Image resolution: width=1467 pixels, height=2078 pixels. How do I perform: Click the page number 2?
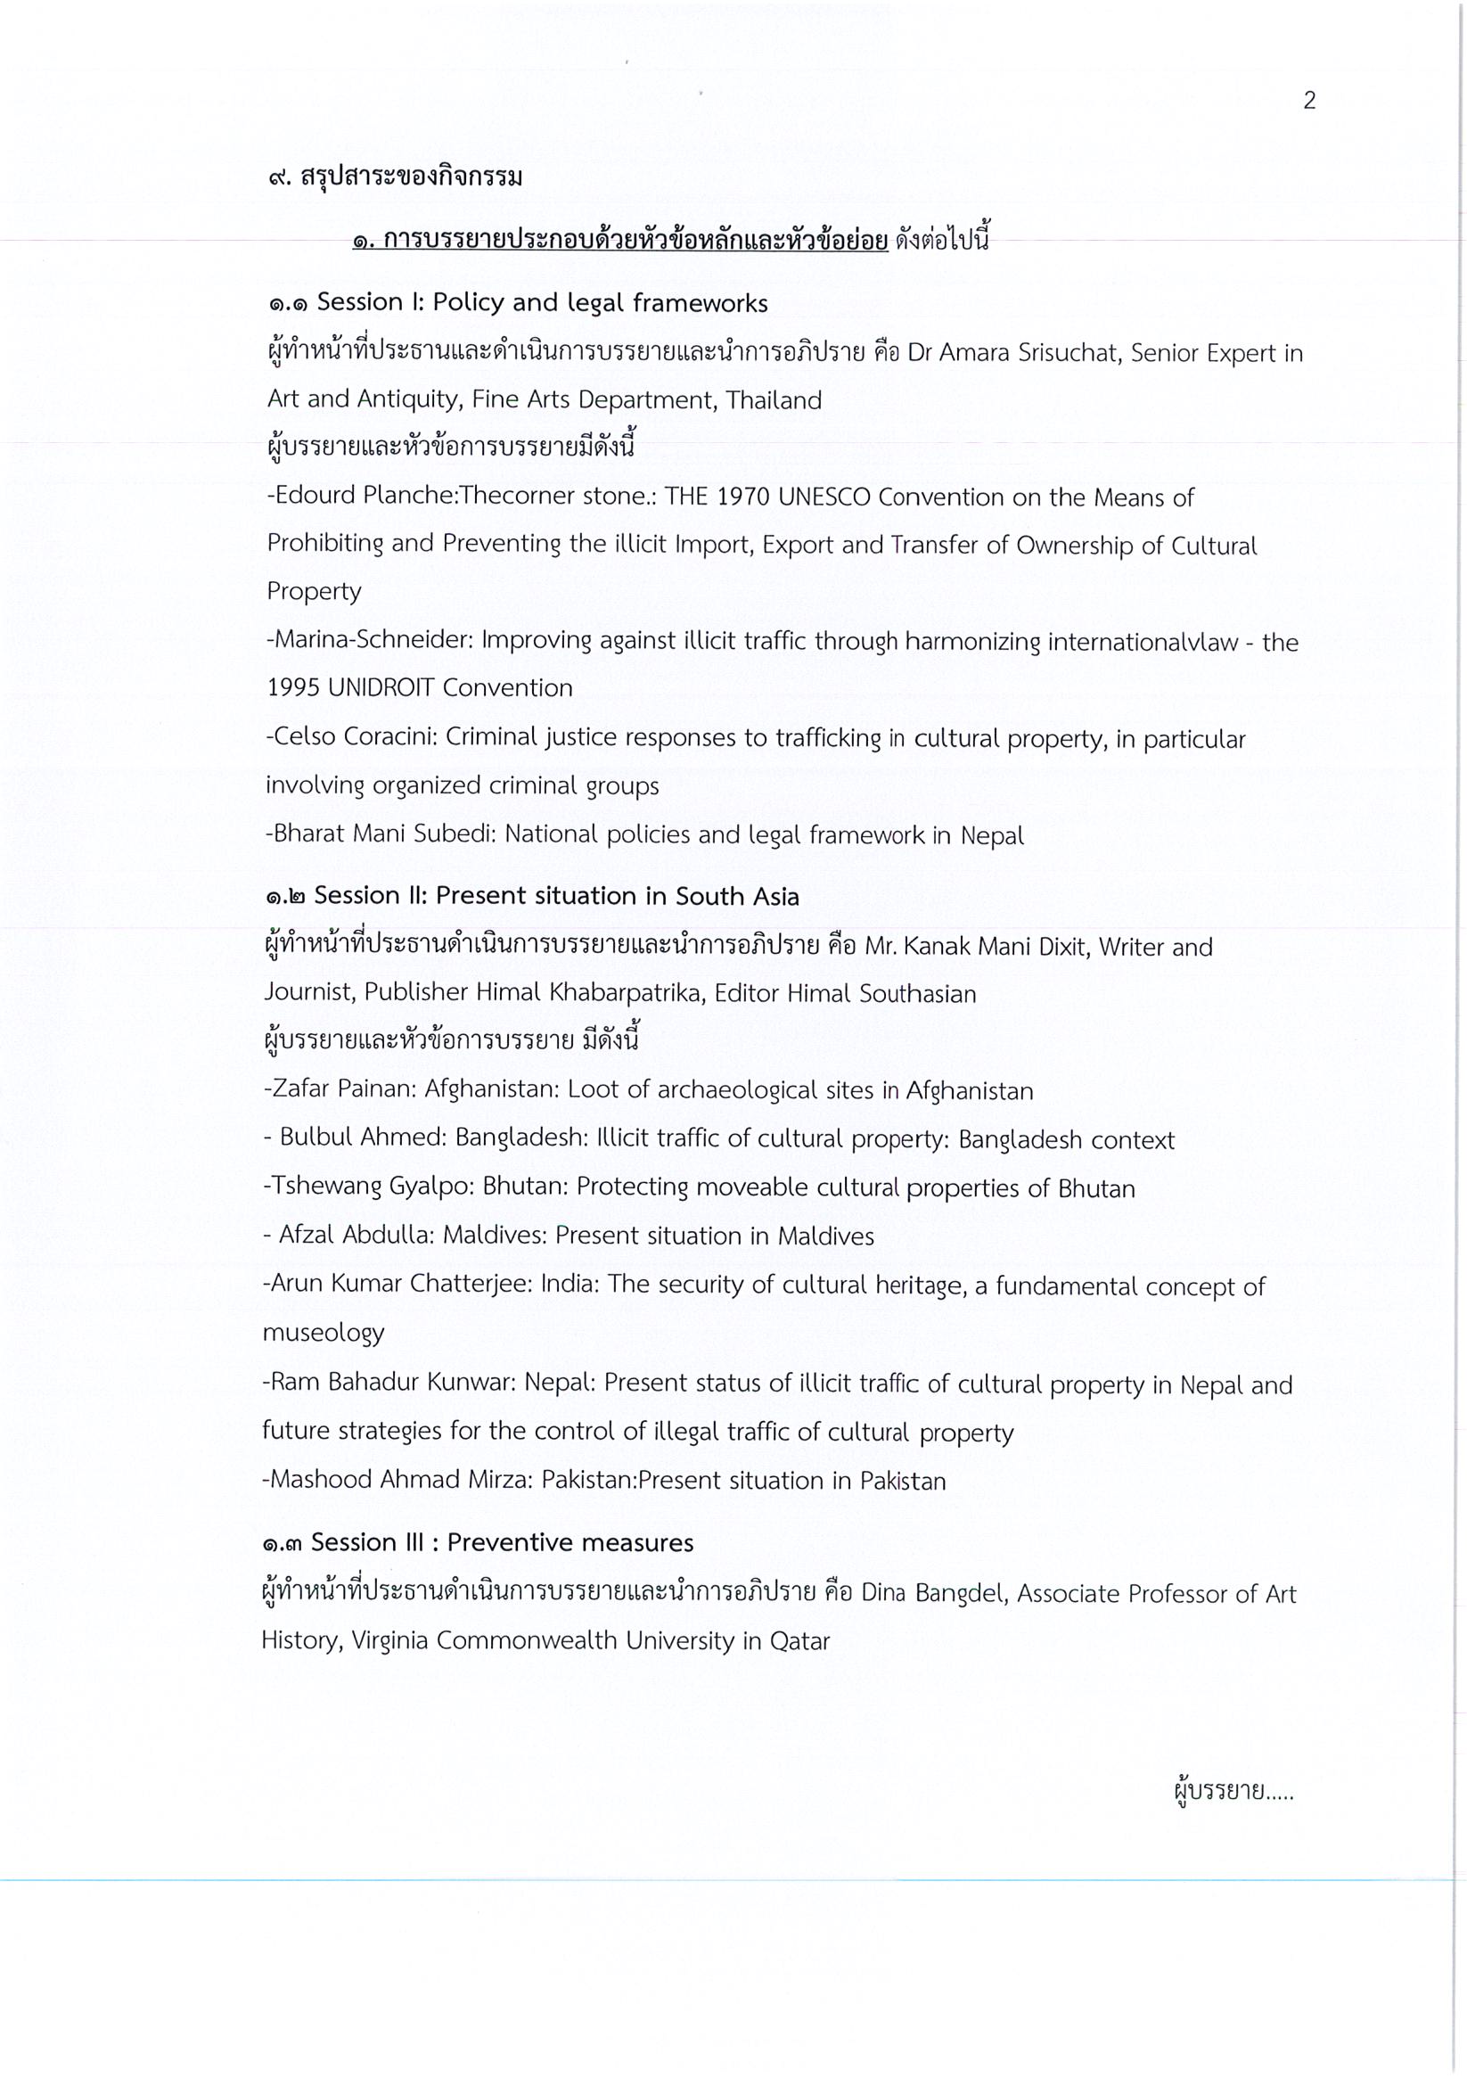click(1308, 101)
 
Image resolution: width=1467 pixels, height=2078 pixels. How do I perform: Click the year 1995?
click(293, 688)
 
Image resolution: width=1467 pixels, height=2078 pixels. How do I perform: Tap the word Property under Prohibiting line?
click(314, 592)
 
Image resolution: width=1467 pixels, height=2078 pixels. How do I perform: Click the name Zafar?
click(301, 1089)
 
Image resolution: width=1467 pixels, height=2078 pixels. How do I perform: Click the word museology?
click(324, 1333)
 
